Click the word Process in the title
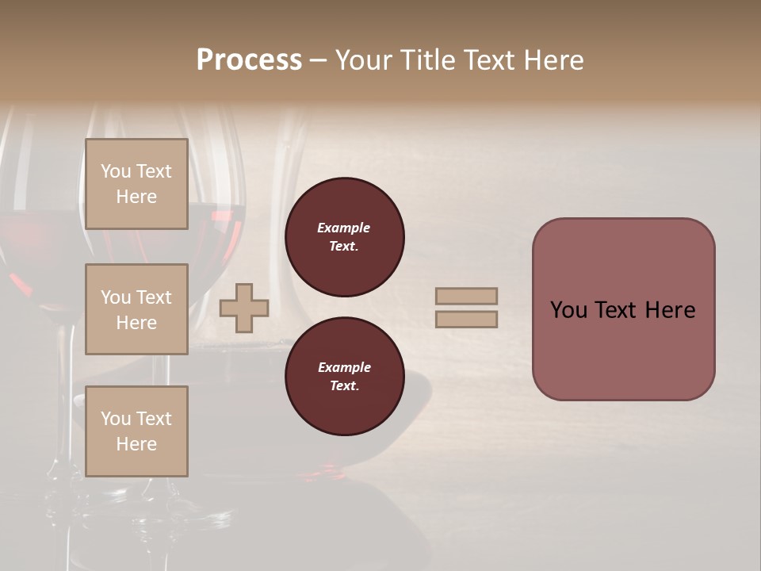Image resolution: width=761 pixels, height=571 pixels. point(249,60)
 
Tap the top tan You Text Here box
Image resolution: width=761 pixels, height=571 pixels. point(136,184)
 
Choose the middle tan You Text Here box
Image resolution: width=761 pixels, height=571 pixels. point(136,309)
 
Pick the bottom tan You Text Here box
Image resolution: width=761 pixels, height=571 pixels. point(136,431)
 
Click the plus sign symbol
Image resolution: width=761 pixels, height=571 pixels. point(244,308)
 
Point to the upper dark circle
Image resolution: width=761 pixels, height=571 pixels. point(345,237)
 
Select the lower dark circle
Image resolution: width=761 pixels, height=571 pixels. point(345,377)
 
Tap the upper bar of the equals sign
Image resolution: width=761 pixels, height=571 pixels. point(467,296)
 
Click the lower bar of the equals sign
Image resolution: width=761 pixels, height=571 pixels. point(467,319)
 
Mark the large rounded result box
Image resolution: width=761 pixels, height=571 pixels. point(623,309)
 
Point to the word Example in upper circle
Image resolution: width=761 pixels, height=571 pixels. point(344,228)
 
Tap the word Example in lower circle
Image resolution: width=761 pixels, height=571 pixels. point(344,367)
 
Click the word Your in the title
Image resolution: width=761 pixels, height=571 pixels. point(363,60)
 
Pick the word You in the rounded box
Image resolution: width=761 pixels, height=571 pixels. point(569,310)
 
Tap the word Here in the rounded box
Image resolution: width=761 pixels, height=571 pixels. point(670,310)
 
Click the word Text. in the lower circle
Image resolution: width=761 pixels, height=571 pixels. point(345,386)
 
